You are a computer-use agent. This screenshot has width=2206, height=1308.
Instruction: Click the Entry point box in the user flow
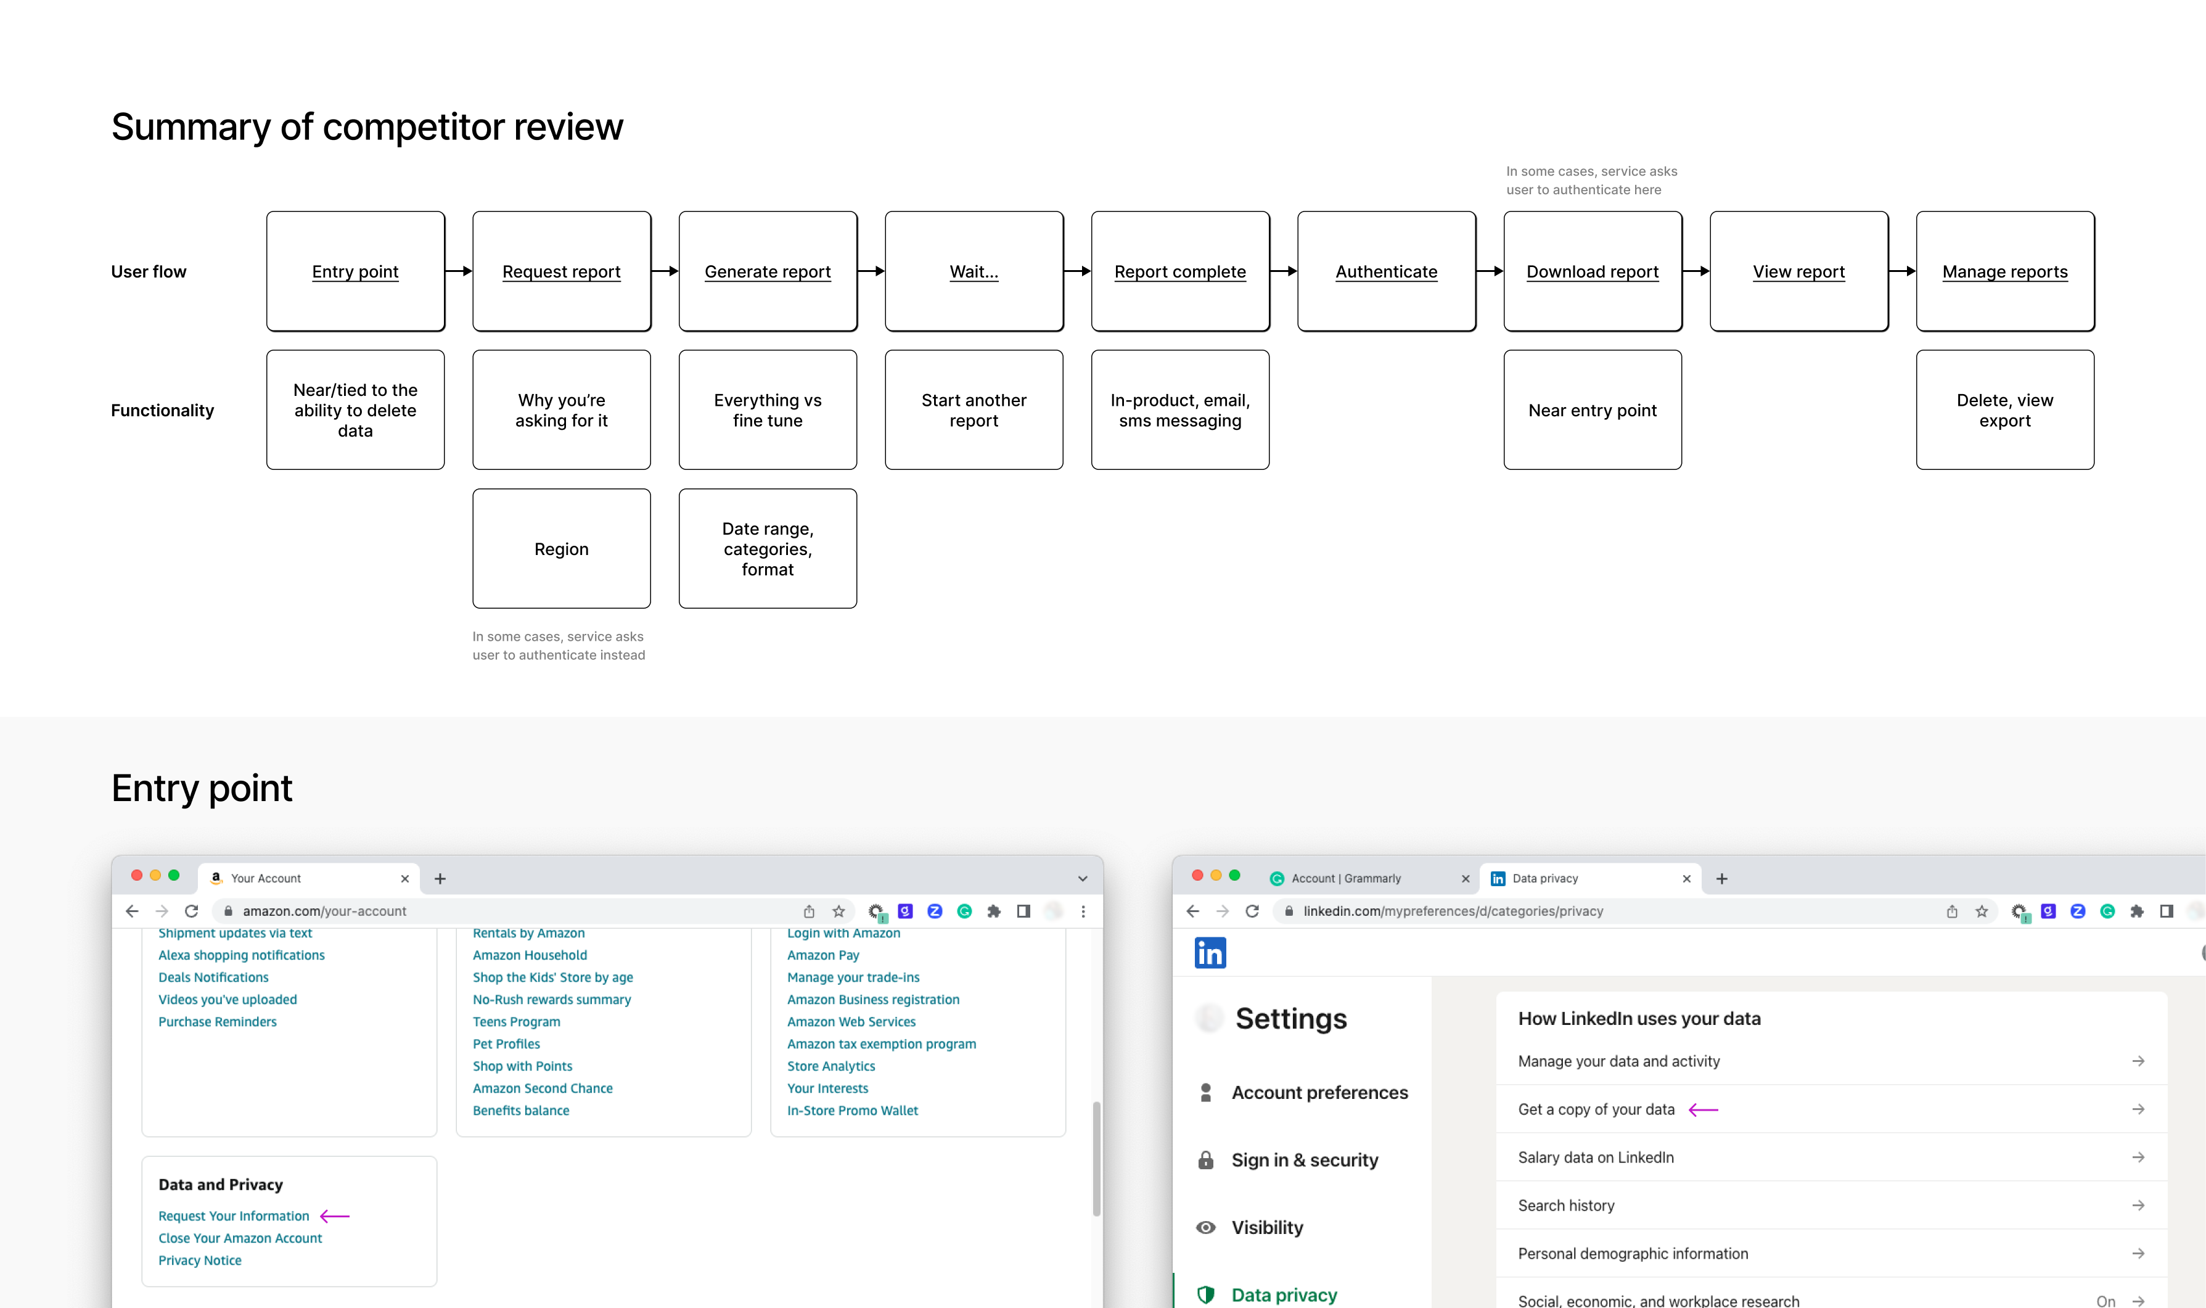tap(355, 271)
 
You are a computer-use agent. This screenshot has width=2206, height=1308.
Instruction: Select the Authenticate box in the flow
tap(1386, 271)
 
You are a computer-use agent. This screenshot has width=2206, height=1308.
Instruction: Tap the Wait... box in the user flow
tap(974, 271)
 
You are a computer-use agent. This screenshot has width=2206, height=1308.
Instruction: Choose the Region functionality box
tap(561, 549)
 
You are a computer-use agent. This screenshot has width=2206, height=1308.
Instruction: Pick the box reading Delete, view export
tap(2004, 411)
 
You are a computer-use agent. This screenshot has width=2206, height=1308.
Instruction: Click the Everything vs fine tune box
tap(768, 411)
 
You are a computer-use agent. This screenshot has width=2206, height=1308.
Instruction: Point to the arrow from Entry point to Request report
tap(459, 271)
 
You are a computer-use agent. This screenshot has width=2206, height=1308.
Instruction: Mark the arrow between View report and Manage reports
tap(1902, 271)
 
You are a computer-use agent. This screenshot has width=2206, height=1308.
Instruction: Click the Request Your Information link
tap(234, 1215)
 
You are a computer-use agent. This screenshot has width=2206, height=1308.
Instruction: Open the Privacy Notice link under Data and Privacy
tap(200, 1261)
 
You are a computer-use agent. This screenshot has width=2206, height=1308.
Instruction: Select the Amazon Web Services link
tap(851, 1021)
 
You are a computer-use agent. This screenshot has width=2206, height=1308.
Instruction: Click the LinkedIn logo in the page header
tap(1210, 953)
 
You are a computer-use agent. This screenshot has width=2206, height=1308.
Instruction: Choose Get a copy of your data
tap(1596, 1109)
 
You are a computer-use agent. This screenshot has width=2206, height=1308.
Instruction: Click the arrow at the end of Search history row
tap(2138, 1205)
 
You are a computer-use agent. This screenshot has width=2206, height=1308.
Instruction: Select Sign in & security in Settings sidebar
tap(1304, 1160)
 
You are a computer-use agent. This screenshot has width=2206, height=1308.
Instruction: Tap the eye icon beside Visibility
tap(1206, 1228)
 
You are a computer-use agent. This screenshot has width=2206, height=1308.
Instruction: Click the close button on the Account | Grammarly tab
tap(1465, 879)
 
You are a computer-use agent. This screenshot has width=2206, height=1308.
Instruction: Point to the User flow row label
tap(149, 271)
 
